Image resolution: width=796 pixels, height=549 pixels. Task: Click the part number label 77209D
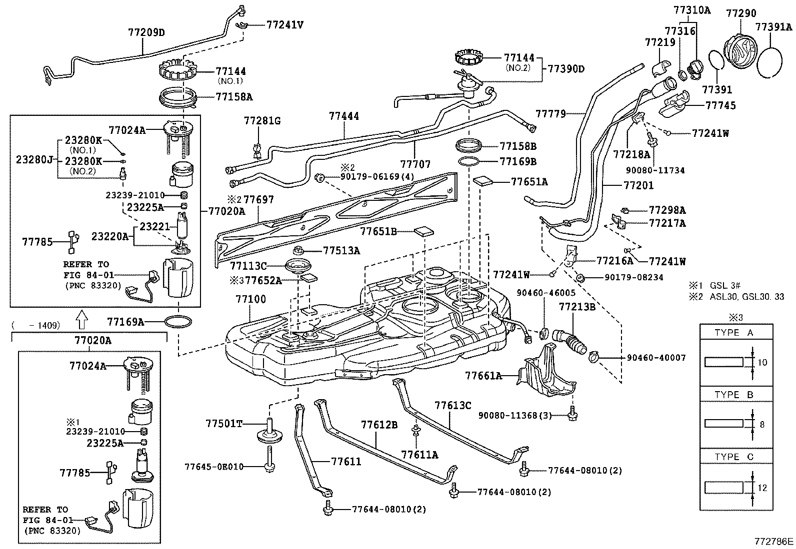point(146,33)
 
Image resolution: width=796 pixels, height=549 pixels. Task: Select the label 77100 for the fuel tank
point(251,300)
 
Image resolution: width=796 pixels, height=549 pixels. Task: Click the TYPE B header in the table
point(734,395)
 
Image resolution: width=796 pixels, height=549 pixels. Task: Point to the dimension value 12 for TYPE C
point(762,488)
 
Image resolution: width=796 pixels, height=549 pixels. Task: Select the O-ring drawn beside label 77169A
point(178,322)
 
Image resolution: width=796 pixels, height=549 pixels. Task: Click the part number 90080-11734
point(657,170)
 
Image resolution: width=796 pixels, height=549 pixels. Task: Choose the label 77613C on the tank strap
point(452,405)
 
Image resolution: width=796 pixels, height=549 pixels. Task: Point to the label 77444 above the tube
point(344,116)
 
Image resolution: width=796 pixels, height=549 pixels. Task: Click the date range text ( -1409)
point(36,325)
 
